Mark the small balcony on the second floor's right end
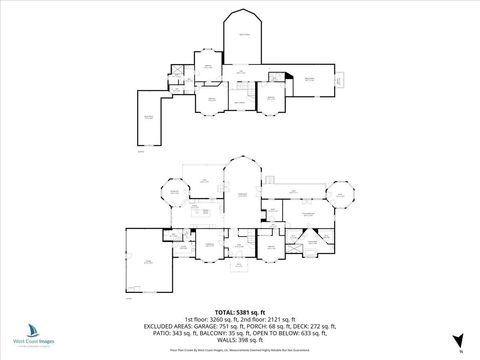(337, 81)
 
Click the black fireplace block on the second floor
(288, 75)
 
